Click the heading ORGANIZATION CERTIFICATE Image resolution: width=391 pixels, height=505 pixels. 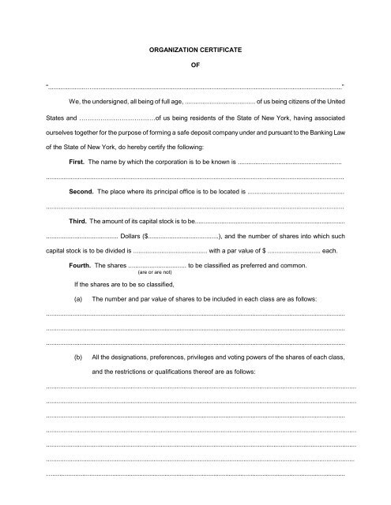[x=195, y=50]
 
